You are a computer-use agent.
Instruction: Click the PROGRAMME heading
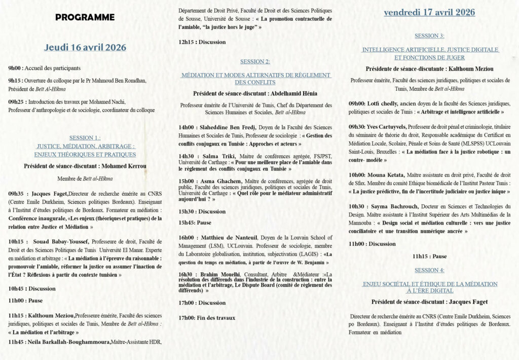[x=85, y=17]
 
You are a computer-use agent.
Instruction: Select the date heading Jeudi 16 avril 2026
[x=85, y=48]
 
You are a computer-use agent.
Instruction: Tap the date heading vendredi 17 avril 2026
[x=429, y=13]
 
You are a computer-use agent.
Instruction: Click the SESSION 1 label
[x=85, y=137]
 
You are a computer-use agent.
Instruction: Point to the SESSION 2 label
[x=255, y=62]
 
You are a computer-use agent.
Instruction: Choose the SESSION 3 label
[x=429, y=36]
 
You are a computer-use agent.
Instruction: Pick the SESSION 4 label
[x=429, y=270]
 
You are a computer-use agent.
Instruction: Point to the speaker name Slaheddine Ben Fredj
[x=228, y=127]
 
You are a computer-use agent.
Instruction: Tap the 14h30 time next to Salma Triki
[x=188, y=156]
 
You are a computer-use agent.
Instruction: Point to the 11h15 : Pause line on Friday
[x=429, y=257]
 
